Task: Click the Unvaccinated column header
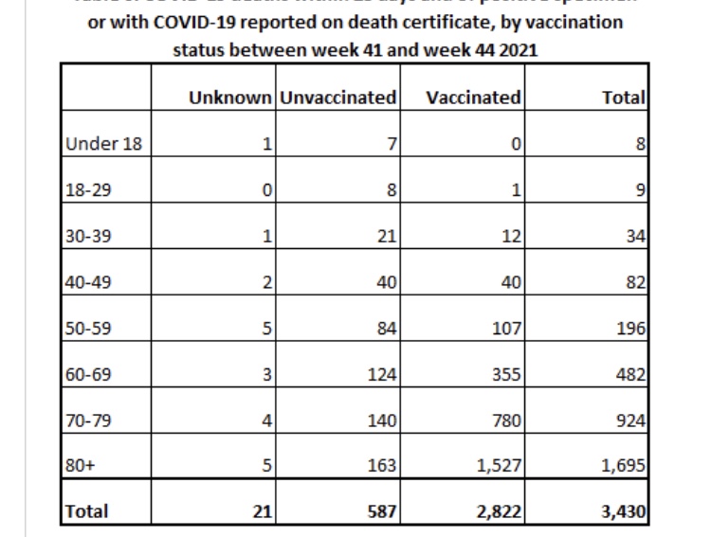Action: pos(337,98)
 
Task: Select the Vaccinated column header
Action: pos(473,98)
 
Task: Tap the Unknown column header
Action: pos(229,98)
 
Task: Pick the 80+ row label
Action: pos(80,465)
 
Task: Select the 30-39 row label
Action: pos(88,236)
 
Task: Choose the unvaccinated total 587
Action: pos(380,511)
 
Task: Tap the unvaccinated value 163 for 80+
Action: pos(381,465)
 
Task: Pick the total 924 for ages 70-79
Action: pos(630,420)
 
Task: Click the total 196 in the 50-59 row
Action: pos(630,329)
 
